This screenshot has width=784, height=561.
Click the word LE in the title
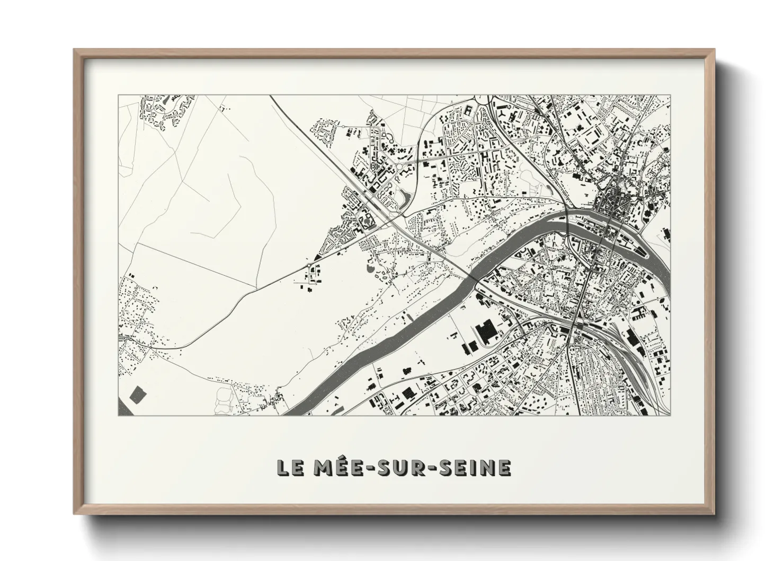tap(289, 467)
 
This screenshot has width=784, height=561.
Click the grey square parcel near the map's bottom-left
tap(137, 393)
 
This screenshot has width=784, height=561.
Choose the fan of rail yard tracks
tap(625, 361)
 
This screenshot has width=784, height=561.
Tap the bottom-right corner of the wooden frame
tap(714, 514)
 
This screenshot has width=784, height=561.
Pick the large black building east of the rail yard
tap(631, 336)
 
